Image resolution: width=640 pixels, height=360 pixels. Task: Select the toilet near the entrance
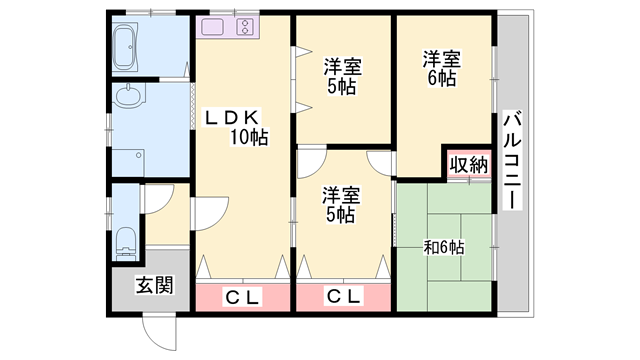tap(125, 240)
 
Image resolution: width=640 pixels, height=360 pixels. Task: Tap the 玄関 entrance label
tap(155, 285)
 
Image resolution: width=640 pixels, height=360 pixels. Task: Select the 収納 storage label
tap(468, 165)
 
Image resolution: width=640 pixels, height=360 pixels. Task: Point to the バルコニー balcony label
tap(511, 158)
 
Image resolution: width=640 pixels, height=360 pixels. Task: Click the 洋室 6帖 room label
tap(441, 69)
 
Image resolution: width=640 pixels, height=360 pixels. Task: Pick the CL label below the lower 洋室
tap(343, 296)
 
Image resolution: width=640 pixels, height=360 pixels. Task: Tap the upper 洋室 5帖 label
tap(342, 76)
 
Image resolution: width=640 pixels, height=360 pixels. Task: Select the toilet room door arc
tap(156, 198)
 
